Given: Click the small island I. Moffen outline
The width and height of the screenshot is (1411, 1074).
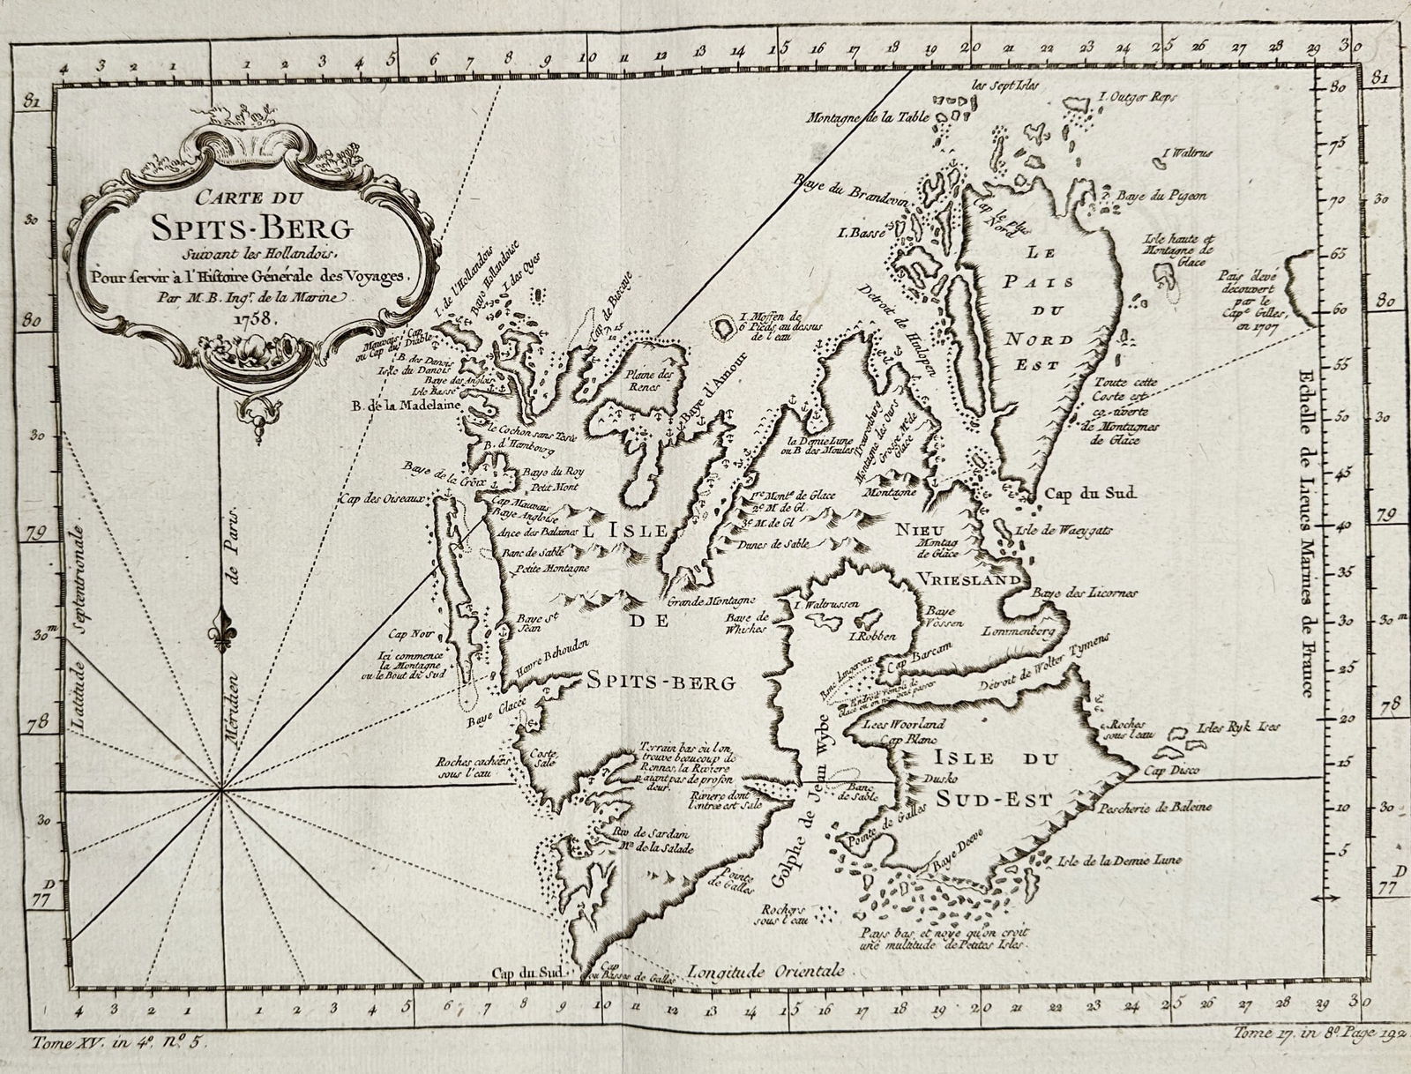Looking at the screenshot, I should [725, 327].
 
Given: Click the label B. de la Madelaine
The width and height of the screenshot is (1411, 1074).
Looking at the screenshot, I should [388, 406].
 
